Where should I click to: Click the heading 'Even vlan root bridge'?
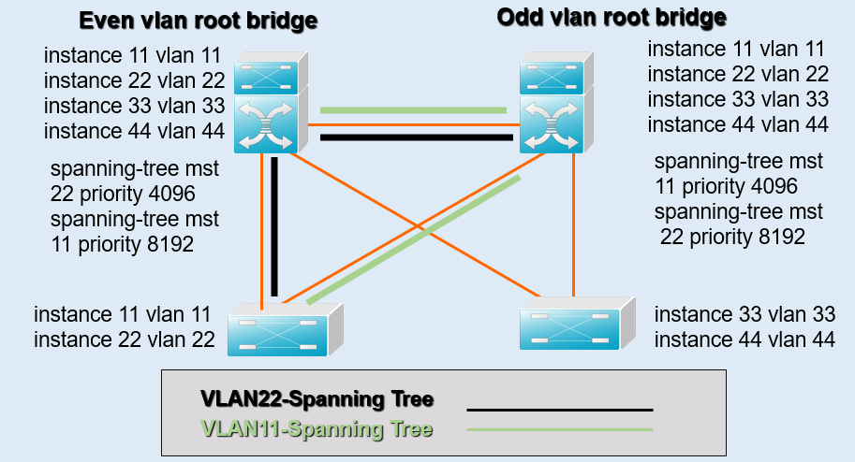tap(199, 20)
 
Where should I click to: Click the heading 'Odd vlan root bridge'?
tap(612, 17)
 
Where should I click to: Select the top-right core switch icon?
tap(553, 106)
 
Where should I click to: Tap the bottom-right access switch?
tap(571, 323)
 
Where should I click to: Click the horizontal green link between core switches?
tap(412, 110)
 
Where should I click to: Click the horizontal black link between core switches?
tap(417, 137)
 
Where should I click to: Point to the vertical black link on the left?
tap(275, 224)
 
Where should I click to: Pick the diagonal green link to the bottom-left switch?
tap(412, 238)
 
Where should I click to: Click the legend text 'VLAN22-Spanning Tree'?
tap(317, 400)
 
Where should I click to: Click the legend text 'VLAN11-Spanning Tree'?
tap(317, 429)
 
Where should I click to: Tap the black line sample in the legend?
tap(559, 410)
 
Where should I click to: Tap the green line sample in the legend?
tap(559, 429)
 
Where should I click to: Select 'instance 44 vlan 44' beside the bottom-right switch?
tap(744, 340)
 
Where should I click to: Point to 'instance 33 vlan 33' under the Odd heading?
tap(737, 99)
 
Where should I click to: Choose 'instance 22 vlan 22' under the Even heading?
tap(134, 81)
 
